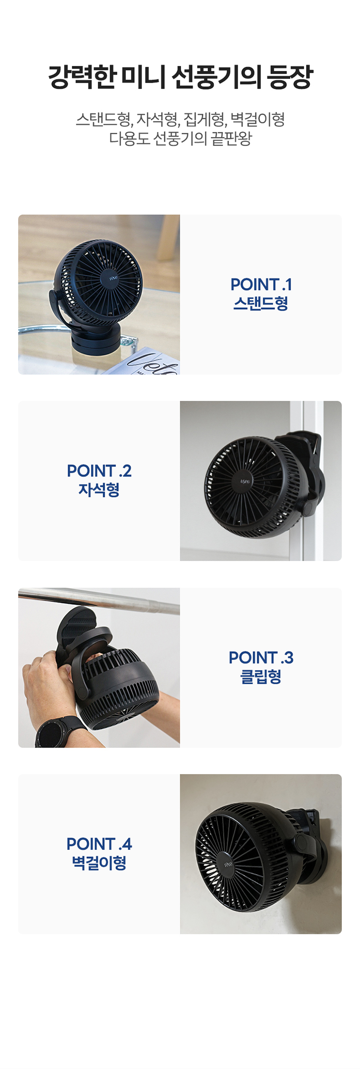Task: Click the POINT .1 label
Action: [x=261, y=284]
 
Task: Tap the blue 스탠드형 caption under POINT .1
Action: [x=261, y=303]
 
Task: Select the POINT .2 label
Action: [x=99, y=471]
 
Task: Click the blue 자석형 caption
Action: [x=99, y=489]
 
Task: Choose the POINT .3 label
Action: [x=261, y=657]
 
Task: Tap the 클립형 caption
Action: [x=261, y=676]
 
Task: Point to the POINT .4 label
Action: [x=99, y=844]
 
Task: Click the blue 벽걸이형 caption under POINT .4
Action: [x=99, y=863]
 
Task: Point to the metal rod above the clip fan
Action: [x=99, y=599]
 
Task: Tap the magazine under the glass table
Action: [x=144, y=363]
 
